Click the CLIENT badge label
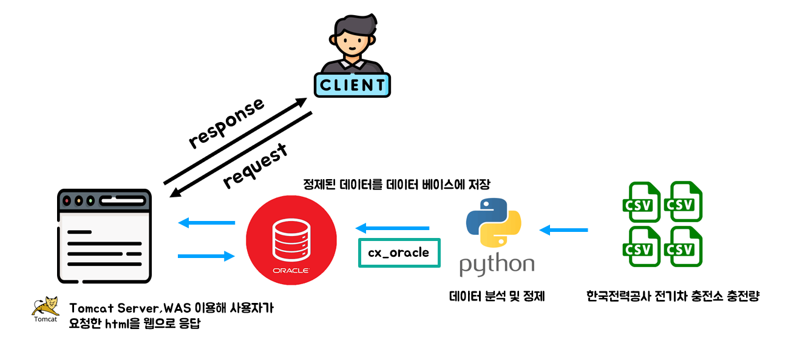tap(352, 85)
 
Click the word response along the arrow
tap(226, 123)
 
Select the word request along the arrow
tap(255, 167)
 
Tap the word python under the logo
tap(497, 265)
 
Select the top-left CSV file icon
tap(641, 201)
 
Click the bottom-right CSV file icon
tap(682, 246)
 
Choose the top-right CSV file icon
tap(682, 201)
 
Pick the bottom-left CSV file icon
tap(641, 246)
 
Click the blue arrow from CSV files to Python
tap(563, 230)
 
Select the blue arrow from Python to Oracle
tap(392, 228)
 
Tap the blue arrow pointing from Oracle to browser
tap(206, 223)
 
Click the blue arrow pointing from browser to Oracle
tap(206, 256)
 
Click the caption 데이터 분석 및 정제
tap(497, 297)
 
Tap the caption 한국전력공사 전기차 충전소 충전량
tap(673, 297)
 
